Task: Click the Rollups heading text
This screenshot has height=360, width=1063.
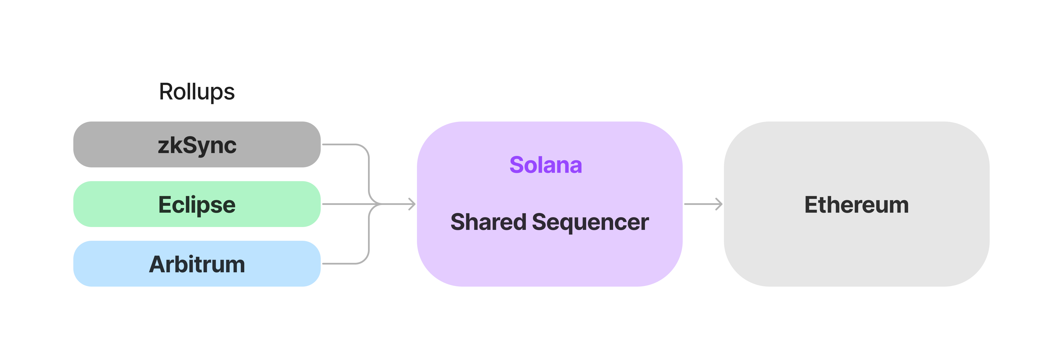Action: (197, 92)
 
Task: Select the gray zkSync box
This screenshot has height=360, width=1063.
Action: (103, 144)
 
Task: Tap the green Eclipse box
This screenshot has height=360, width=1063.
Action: (103, 204)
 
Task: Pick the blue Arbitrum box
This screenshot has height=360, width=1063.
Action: (103, 263)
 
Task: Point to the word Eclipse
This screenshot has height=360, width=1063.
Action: (197, 205)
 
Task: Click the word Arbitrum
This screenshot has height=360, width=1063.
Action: (197, 264)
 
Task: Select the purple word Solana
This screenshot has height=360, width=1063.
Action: (546, 165)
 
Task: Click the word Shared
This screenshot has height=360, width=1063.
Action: (488, 222)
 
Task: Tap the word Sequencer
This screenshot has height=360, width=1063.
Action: (590, 222)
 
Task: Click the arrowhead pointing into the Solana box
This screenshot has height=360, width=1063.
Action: (412, 204)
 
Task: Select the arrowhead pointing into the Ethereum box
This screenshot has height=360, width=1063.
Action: (719, 204)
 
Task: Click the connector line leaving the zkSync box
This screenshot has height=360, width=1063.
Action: (342, 144)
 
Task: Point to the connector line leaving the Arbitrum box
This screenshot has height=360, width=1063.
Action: (342, 263)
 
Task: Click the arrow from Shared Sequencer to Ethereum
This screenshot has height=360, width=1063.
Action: (702, 204)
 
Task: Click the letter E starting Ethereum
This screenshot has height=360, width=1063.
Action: (811, 205)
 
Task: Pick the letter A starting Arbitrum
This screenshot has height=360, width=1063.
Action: (157, 264)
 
